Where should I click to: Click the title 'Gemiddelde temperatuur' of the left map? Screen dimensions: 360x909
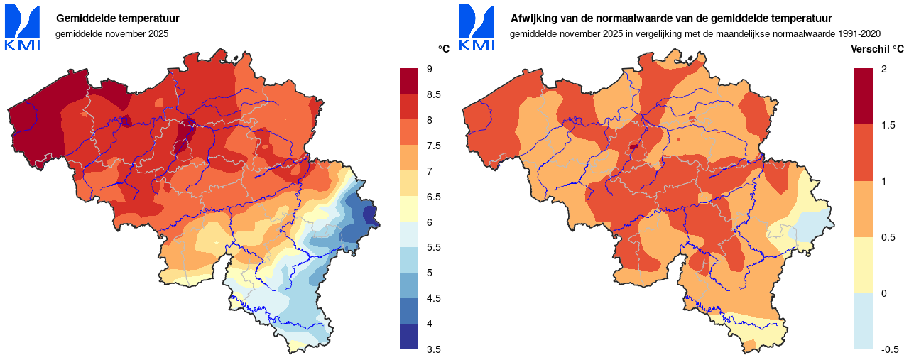[x=117, y=18]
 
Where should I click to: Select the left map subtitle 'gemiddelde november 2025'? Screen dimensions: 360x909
[x=111, y=33]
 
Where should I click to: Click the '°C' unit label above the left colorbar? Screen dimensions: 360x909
[x=443, y=49]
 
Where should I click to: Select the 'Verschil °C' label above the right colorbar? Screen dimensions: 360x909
[x=877, y=49]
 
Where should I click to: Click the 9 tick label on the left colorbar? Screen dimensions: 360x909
[x=430, y=69]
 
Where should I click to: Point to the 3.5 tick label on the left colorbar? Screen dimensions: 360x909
[x=434, y=349]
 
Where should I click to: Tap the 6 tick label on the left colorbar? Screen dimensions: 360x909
[x=430, y=222]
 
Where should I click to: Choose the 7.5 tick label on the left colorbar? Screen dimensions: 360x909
[x=434, y=146]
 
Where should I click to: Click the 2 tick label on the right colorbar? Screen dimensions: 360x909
[x=883, y=69]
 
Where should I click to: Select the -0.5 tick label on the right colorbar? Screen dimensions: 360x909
[x=890, y=349]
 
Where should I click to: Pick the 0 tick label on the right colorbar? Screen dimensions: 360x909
[x=883, y=293]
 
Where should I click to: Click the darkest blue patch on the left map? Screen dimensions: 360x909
[x=369, y=213]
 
